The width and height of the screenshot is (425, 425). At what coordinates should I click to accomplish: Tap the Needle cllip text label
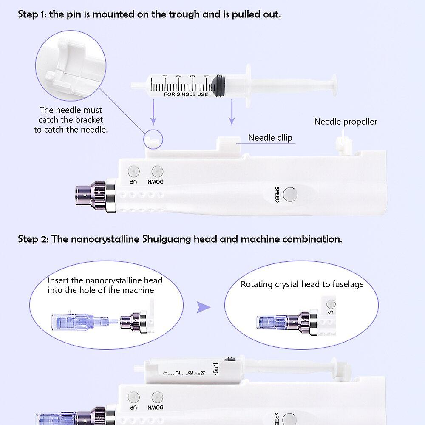270,138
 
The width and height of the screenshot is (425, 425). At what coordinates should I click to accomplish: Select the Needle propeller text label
346,122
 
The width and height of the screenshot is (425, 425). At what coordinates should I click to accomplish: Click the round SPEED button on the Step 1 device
290,194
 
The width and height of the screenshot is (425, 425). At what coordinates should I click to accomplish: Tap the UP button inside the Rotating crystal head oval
331,304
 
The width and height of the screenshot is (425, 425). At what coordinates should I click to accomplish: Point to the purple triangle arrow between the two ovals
204,307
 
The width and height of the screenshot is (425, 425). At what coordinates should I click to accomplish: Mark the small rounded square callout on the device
153,139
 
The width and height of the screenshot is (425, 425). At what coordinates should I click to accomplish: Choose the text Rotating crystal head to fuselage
302,284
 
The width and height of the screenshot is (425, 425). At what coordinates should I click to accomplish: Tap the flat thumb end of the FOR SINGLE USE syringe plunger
334,84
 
